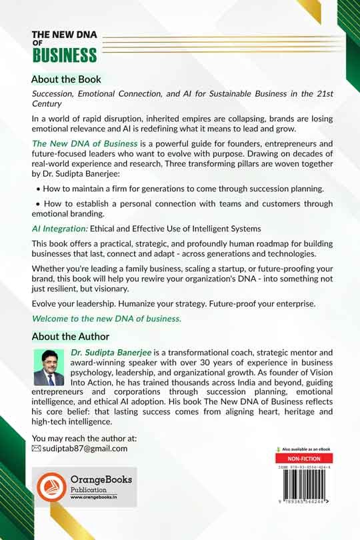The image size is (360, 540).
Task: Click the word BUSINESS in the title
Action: coord(64,54)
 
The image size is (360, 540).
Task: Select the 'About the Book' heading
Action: coord(66,79)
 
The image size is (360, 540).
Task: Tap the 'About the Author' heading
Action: coord(70,337)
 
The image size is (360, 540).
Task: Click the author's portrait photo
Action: coord(49,367)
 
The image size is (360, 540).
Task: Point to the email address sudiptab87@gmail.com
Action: coord(85,449)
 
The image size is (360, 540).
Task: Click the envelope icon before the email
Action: coord(37,449)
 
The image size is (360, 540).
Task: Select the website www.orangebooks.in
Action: coord(95,498)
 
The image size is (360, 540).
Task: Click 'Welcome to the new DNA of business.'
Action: coord(107,318)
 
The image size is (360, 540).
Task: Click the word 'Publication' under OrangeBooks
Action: coord(89,489)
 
